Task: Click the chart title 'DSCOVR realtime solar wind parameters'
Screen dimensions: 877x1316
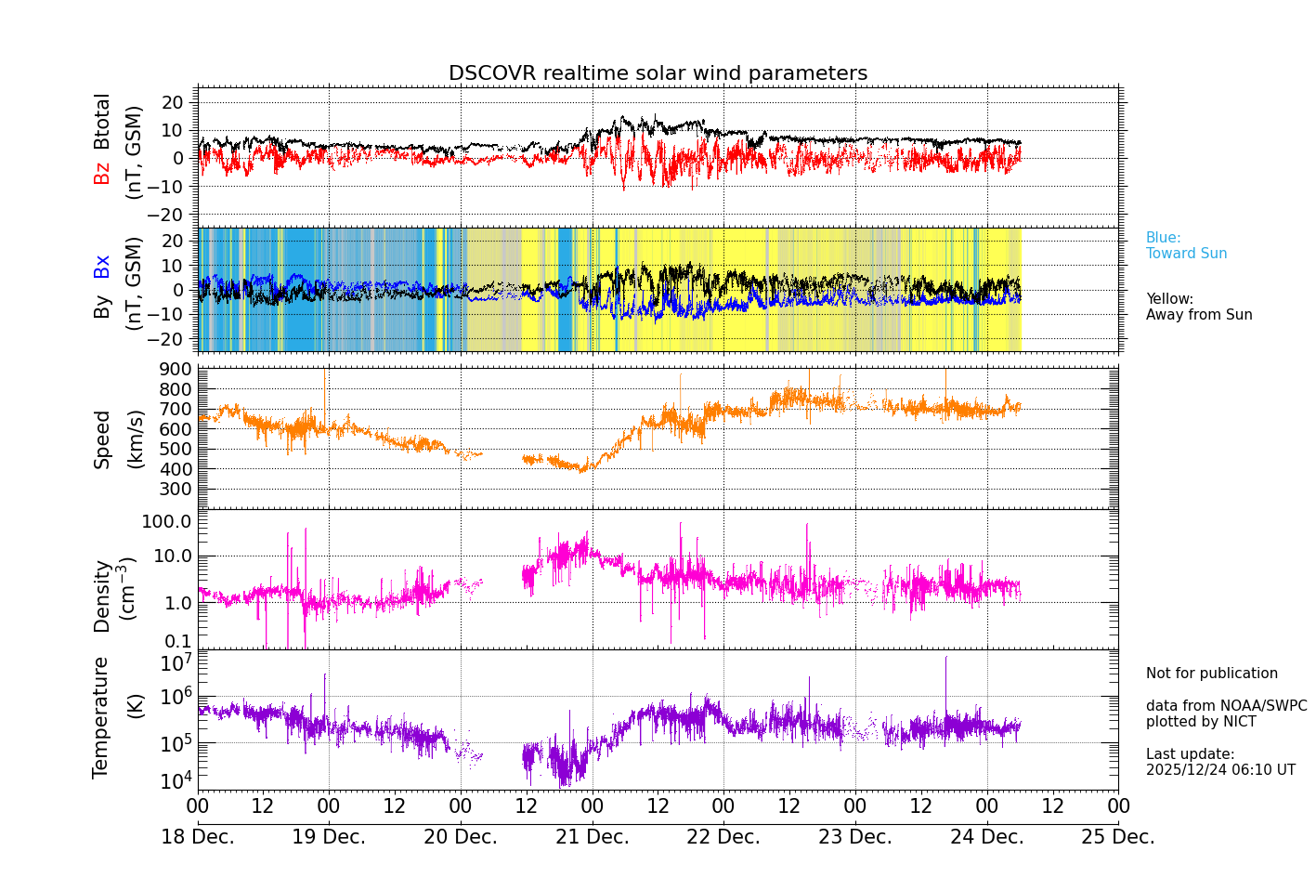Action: [658, 73]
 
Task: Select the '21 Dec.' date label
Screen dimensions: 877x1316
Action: [593, 837]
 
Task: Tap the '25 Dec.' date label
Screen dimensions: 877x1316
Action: [1118, 837]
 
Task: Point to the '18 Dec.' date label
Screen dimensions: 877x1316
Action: [198, 837]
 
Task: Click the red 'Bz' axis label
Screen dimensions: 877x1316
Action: [102, 173]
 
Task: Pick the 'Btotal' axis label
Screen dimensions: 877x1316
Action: [102, 121]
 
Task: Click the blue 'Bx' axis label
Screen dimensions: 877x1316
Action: [102, 266]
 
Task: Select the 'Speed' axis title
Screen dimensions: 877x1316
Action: [102, 439]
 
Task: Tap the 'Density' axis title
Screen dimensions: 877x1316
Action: [102, 596]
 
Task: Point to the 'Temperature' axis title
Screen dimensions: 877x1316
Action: [100, 716]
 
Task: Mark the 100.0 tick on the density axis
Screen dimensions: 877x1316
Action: [167, 521]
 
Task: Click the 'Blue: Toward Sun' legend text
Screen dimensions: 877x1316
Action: [1186, 246]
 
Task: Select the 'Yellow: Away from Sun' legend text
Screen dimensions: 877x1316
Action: [1199, 308]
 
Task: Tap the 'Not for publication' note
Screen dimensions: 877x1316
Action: [1211, 674]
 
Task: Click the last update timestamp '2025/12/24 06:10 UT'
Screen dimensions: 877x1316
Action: [1220, 770]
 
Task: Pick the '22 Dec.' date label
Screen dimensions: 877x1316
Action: [723, 837]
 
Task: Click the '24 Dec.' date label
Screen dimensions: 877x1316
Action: [987, 837]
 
